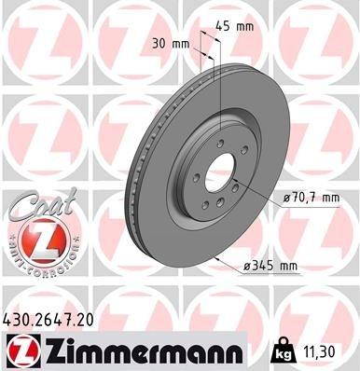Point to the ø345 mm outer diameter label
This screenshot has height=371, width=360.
[x=269, y=266]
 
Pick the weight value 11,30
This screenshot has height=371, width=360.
[x=325, y=350]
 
